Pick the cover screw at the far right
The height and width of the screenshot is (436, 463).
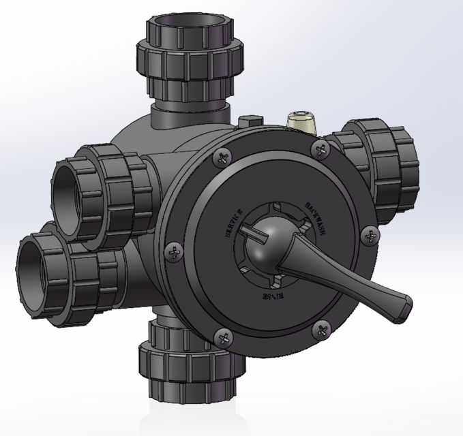pyautogui.click(x=370, y=235)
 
